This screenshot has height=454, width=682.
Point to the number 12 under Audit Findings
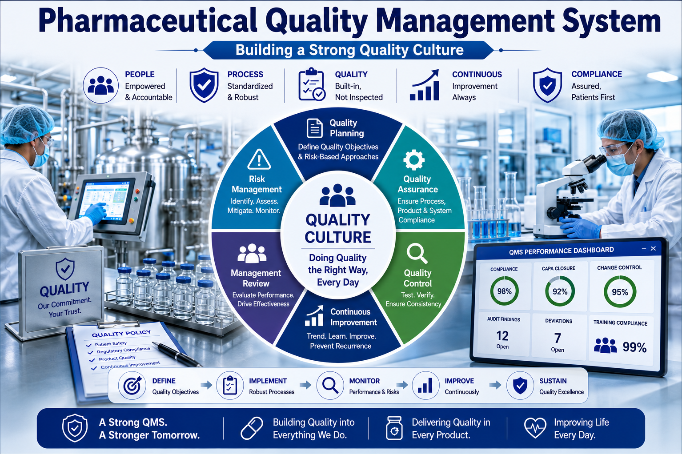(x=502, y=336)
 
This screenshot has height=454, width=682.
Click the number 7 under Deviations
(x=558, y=338)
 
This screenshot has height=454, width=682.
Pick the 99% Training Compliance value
(x=634, y=347)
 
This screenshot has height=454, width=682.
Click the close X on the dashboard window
(x=653, y=249)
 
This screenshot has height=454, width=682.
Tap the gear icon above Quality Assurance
(x=414, y=160)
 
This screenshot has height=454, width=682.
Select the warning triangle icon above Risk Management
(x=259, y=159)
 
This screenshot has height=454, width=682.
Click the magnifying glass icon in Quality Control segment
(x=417, y=254)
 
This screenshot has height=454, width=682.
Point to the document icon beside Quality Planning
(x=314, y=128)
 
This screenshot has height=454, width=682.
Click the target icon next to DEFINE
(x=132, y=386)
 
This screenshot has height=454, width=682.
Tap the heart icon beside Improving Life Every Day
(x=535, y=427)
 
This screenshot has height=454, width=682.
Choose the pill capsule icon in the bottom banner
(x=252, y=428)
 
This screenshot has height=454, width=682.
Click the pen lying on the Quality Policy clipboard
(x=177, y=354)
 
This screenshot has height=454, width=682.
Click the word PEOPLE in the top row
(x=140, y=74)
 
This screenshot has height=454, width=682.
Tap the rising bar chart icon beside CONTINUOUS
(x=425, y=85)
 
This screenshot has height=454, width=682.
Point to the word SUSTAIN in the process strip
(x=553, y=381)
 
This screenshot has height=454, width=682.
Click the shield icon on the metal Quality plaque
(x=65, y=269)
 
